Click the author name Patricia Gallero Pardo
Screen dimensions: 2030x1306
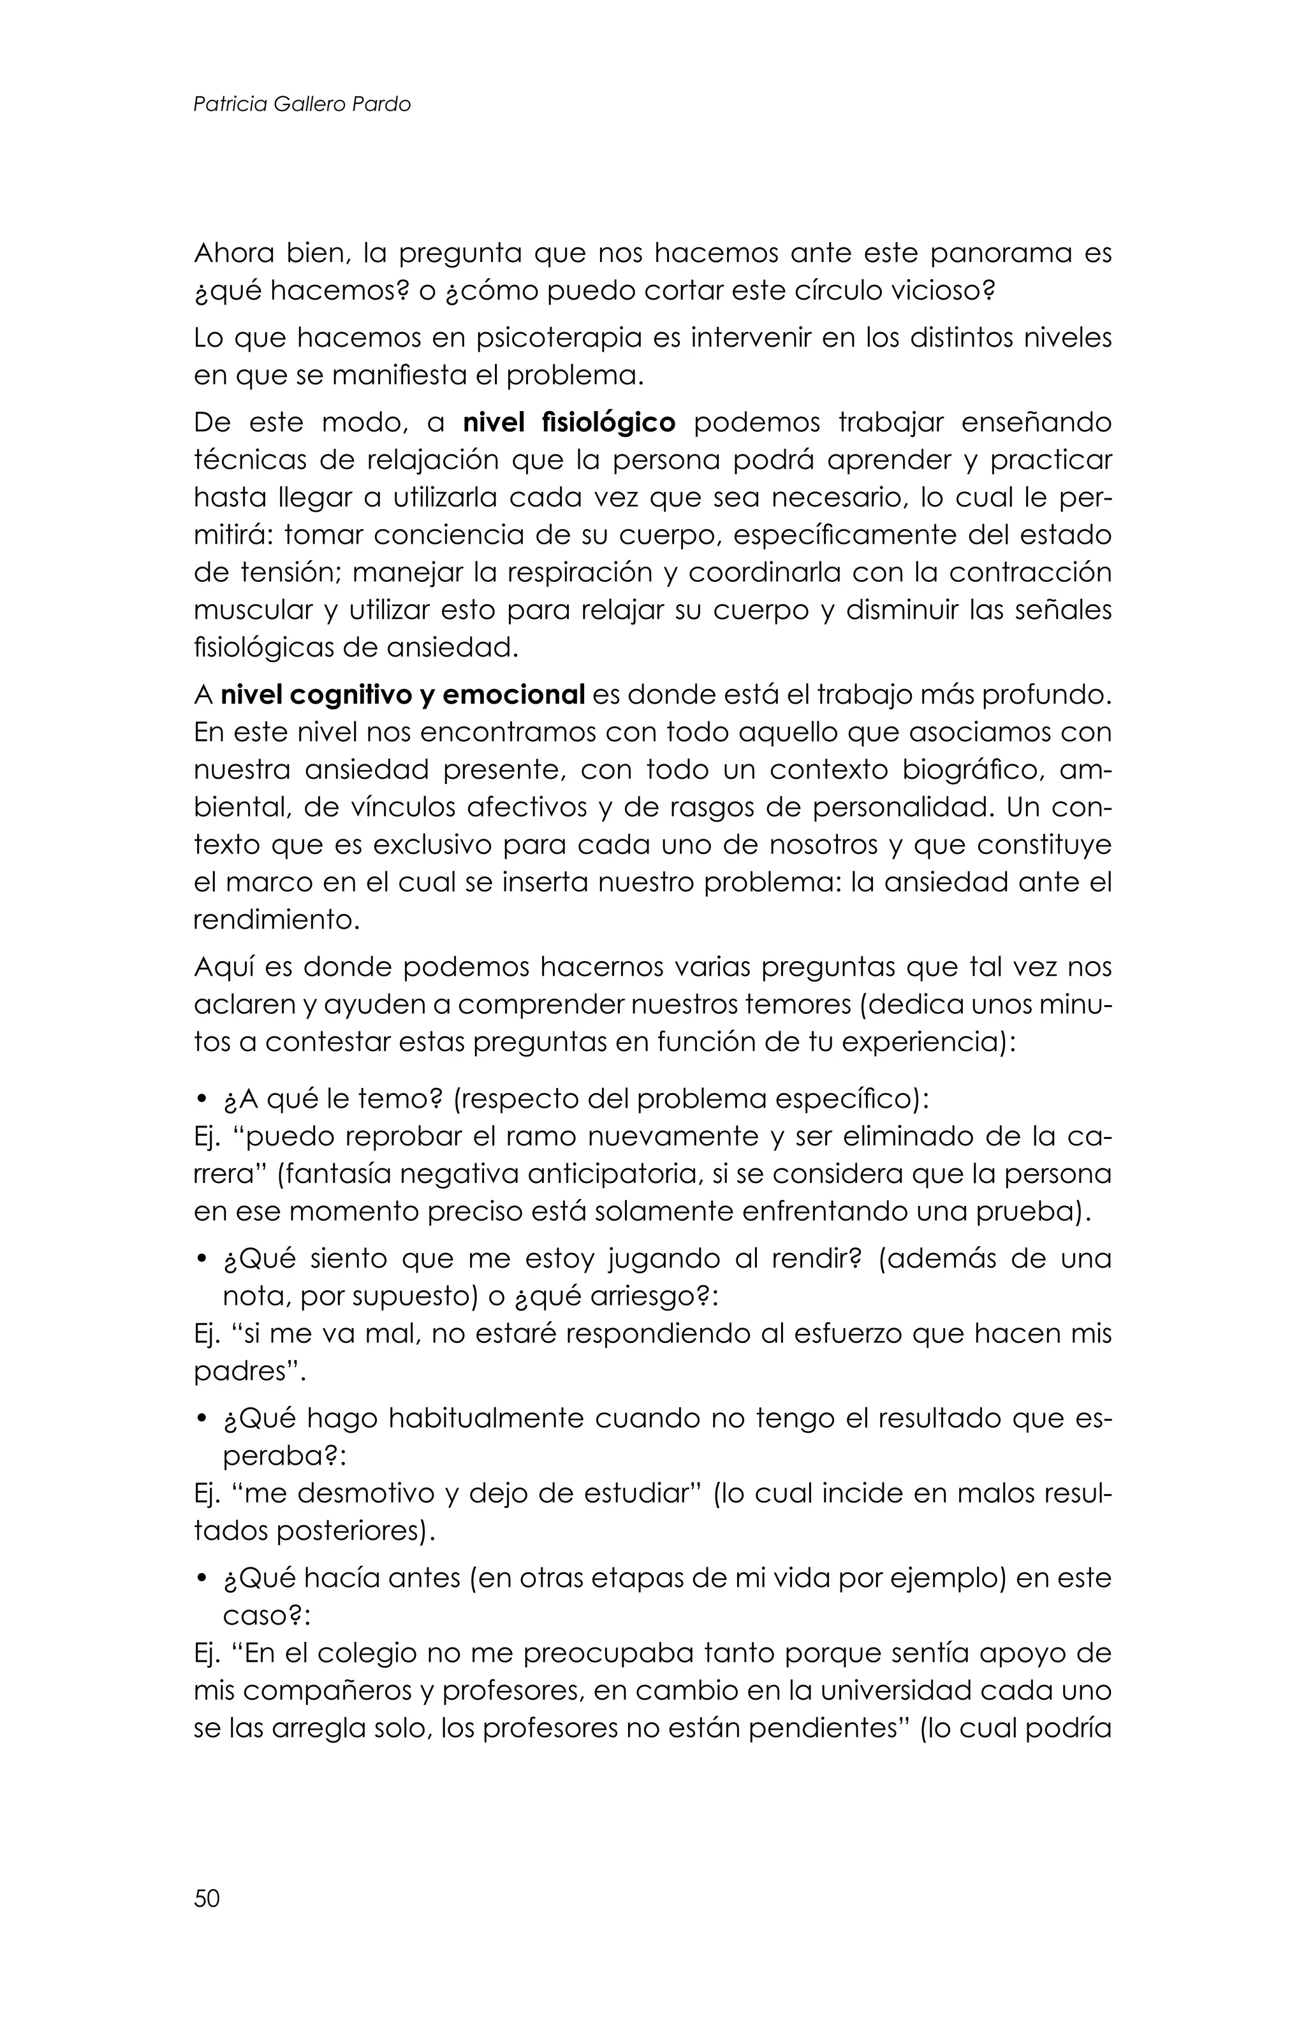click(302, 105)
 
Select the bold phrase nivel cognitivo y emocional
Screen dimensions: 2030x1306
click(403, 695)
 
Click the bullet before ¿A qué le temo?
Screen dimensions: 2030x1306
click(202, 1101)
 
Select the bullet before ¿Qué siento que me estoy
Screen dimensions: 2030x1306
click(202, 1260)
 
